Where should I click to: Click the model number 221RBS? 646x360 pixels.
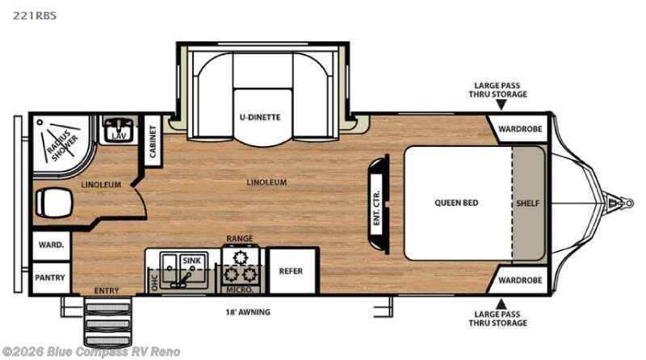click(35, 15)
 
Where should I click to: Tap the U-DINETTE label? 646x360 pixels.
click(260, 117)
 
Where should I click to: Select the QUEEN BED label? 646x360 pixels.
click(456, 203)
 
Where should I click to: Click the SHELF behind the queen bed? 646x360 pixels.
click(528, 203)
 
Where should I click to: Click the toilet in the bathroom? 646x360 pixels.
click(53, 203)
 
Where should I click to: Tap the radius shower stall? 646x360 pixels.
click(62, 145)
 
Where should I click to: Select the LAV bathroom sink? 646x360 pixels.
click(118, 130)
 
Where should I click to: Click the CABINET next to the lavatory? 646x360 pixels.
click(153, 141)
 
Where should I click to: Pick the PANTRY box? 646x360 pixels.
click(50, 278)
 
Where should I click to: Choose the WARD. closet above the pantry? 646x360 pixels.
click(51, 245)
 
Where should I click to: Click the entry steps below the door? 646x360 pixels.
click(107, 321)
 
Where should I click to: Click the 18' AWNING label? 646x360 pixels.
click(248, 312)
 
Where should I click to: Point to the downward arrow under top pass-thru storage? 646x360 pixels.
click(501, 105)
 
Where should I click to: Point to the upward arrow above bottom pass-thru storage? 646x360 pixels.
click(501, 303)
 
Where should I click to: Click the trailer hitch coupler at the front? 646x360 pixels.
click(620, 203)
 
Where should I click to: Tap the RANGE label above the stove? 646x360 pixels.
click(239, 238)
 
